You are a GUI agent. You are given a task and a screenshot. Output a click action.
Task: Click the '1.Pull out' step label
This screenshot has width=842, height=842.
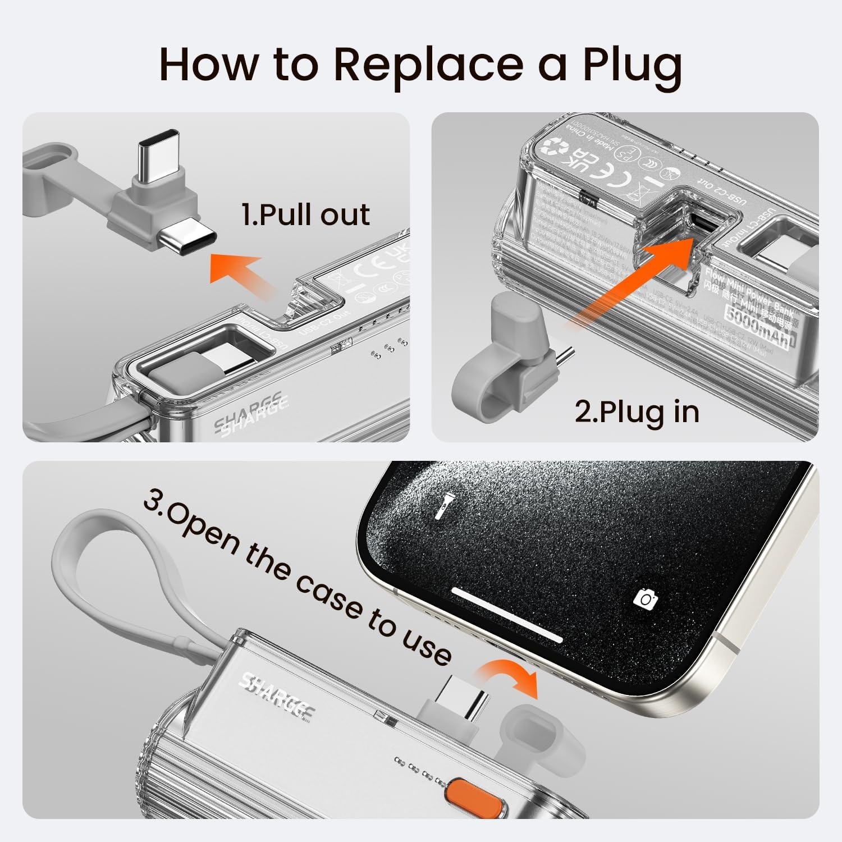coord(305,214)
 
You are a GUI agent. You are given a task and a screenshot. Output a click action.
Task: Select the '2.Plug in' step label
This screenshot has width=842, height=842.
coord(637,411)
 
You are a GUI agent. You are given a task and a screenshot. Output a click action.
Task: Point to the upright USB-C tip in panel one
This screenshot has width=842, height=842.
coord(159,149)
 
